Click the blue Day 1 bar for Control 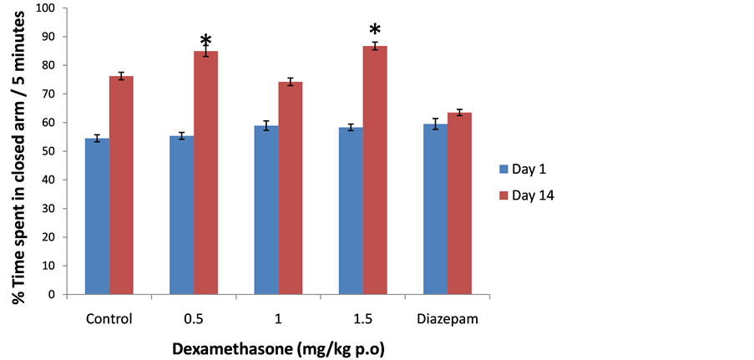[97, 216]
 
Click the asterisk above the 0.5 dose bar [205, 40]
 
